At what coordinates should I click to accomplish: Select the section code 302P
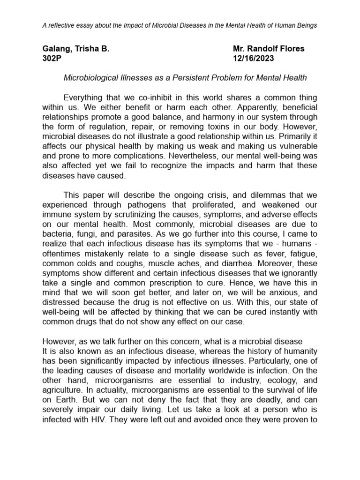(x=52, y=59)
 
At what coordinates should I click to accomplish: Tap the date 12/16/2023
(x=254, y=59)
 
